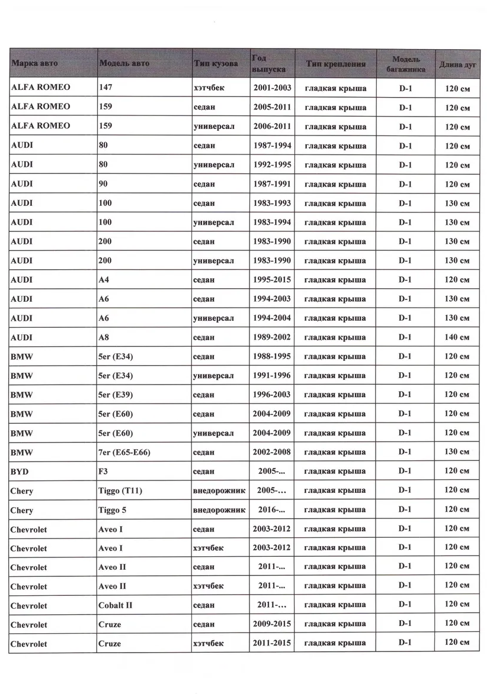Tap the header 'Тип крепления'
(335, 63)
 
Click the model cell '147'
(106, 87)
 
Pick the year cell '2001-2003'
(272, 88)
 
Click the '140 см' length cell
(457, 337)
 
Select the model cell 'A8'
(104, 337)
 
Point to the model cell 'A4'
(104, 279)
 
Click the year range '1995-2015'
(272, 279)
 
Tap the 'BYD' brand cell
(20, 472)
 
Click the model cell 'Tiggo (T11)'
(120, 491)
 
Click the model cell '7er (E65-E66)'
(124, 452)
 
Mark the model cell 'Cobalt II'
(115, 605)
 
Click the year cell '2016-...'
(272, 509)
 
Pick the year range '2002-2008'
(272, 452)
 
